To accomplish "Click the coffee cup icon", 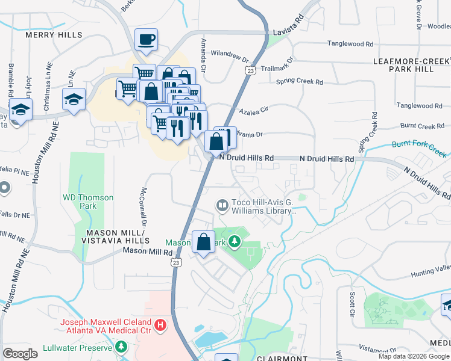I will pos(146,40).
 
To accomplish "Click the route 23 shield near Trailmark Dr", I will pos(250,70).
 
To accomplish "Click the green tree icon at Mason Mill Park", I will pos(234,242).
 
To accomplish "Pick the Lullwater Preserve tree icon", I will pos(122,348).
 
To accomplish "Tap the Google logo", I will pos(20,353).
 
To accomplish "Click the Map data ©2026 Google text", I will pos(414,356).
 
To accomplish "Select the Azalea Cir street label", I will pos(254,110).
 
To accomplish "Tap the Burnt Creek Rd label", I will pos(422,126).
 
